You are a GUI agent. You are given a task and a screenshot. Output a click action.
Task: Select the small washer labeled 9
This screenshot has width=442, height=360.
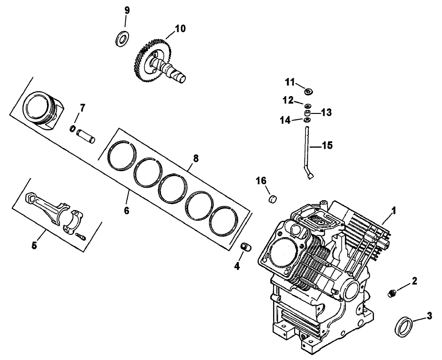point(123,38)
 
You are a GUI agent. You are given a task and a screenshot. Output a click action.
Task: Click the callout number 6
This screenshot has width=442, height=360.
point(126,211)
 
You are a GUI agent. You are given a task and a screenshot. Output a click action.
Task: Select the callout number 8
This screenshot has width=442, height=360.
point(196,158)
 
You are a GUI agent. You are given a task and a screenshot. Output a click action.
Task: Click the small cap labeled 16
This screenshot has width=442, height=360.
point(272,199)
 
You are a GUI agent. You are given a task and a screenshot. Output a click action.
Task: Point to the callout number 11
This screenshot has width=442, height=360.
point(290,82)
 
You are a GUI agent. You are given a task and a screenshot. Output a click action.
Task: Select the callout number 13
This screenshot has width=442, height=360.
point(327,112)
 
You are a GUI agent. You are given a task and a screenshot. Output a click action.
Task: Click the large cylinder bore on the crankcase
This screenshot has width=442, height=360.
point(280,253)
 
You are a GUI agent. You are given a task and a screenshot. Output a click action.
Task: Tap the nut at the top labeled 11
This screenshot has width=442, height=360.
point(308,90)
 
